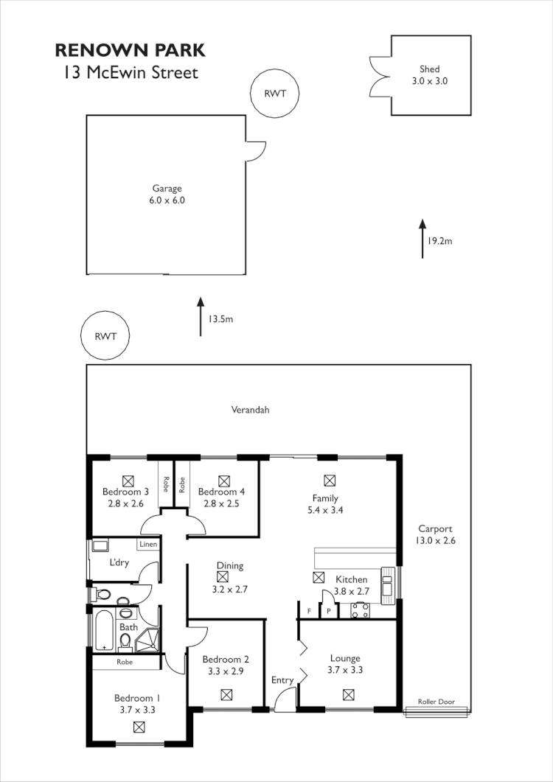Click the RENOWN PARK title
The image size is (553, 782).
coord(131,51)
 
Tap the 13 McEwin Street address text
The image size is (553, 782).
coord(131,73)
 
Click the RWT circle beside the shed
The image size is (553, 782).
coord(275,94)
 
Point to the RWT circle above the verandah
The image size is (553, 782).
coord(104,336)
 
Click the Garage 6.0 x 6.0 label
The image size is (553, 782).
coord(167,194)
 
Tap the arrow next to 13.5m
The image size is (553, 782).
coord(200,316)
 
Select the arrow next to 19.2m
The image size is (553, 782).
coord(422,238)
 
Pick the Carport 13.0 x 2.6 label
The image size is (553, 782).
coord(435,534)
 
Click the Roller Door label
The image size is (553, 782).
coord(435,702)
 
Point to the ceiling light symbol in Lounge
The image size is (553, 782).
coord(348,694)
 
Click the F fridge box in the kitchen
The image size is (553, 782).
coord(308,612)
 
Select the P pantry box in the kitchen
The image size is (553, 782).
coord(329,612)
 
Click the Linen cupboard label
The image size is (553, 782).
coord(147,544)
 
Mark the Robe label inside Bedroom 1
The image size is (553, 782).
coord(125,662)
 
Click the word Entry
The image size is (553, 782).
coord(282,680)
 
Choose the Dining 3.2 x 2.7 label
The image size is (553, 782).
coord(229,571)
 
